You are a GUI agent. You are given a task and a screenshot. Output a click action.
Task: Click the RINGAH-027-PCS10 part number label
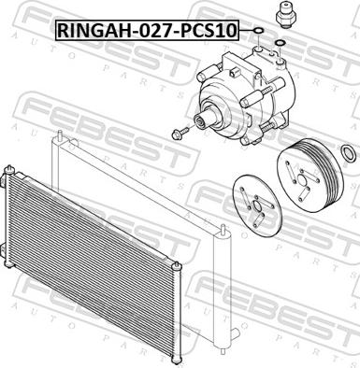pos(147,31)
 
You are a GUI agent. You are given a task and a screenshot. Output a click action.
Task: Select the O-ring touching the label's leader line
pos(259,31)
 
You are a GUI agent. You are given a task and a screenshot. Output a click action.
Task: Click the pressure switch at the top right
pos(285,15)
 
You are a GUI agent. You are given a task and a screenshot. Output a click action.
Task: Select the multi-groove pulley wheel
pos(310,179)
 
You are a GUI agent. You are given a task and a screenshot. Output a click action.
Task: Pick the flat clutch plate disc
pos(257,205)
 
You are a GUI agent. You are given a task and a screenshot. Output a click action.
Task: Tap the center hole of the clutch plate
pos(256,206)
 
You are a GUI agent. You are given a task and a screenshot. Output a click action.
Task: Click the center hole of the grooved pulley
pos(302,180)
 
